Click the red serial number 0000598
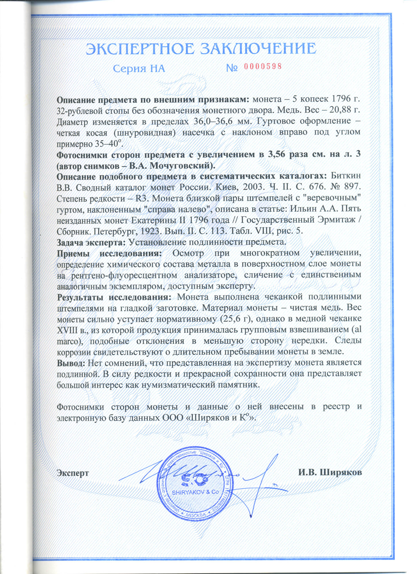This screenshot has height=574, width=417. pyautogui.click(x=263, y=67)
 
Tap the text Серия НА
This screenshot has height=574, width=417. pyautogui.click(x=139, y=69)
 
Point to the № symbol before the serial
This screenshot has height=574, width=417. pyautogui.click(x=232, y=68)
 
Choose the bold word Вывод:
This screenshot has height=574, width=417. pyautogui.click(x=71, y=363)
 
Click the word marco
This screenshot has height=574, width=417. pyautogui.click(x=68, y=341)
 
